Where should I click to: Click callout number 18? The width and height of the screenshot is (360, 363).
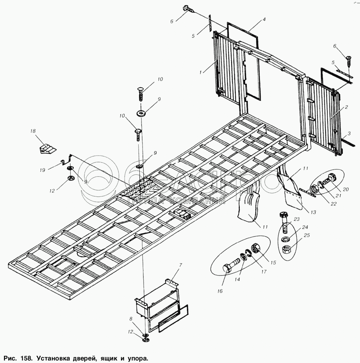tap(33, 132)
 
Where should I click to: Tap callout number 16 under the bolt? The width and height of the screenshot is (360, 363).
tap(220, 291)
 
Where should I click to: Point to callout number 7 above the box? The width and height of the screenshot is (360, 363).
tap(181, 265)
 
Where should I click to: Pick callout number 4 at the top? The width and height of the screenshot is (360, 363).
tap(264, 20)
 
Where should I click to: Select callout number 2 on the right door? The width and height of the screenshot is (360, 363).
tap(346, 107)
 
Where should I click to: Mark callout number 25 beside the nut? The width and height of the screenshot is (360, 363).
tap(306, 235)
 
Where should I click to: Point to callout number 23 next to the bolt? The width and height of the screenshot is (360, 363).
tap(297, 219)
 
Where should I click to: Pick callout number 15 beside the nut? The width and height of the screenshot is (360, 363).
tap(273, 263)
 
